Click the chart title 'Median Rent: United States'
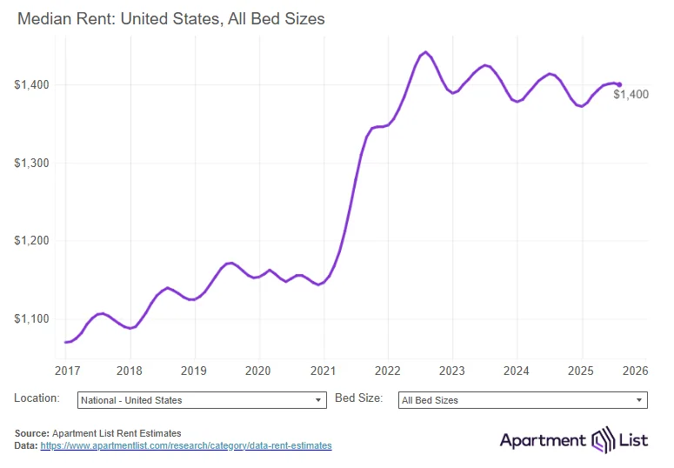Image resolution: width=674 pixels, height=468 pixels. click(x=170, y=17)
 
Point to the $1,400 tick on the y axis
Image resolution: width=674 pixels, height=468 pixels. click(x=31, y=85)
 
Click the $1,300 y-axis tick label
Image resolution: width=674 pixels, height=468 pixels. click(x=31, y=163)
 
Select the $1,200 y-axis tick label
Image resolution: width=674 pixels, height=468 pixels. click(x=31, y=241)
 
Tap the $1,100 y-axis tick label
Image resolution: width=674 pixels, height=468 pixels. click(x=31, y=318)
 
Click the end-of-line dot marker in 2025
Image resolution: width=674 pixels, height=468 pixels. click(x=619, y=85)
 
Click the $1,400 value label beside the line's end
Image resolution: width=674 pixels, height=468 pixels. click(x=631, y=95)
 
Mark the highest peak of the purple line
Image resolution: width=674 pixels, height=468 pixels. click(x=425, y=52)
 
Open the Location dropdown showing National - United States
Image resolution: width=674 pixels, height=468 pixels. click(x=201, y=400)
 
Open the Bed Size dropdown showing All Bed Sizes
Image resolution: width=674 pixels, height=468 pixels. click(x=523, y=400)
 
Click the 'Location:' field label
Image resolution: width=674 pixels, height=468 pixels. click(x=37, y=398)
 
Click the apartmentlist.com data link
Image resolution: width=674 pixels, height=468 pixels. click(x=186, y=445)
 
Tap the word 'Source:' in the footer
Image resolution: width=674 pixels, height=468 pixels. click(x=32, y=433)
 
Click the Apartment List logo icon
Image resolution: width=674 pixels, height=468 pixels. click(x=604, y=440)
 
